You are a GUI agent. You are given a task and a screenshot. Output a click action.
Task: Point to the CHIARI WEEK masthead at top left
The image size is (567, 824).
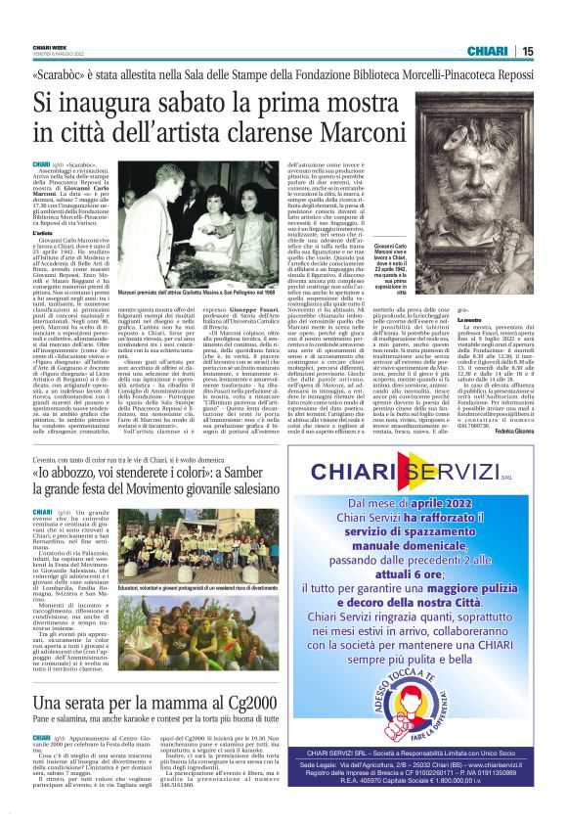click(51, 45)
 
